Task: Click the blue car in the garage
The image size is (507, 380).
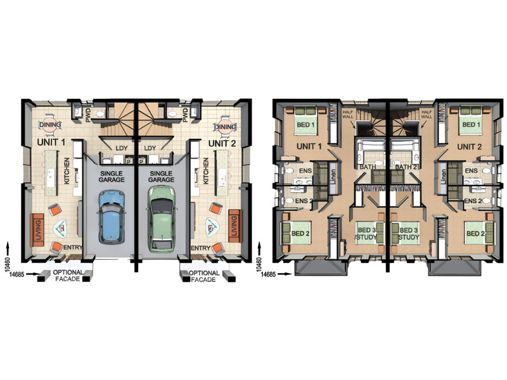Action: pyautogui.click(x=112, y=217)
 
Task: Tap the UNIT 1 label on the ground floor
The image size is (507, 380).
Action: pyautogui.click(x=51, y=142)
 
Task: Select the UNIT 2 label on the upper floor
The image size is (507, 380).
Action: pyautogui.click(x=469, y=147)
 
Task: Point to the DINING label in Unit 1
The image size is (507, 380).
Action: pyautogui.click(x=50, y=125)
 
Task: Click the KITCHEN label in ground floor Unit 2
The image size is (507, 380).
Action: pyautogui.click(x=205, y=171)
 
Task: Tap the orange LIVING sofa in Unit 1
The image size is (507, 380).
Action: pyautogui.click(x=37, y=228)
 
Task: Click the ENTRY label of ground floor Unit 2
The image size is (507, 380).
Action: pyautogui.click(x=201, y=248)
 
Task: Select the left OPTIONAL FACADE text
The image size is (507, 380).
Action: pyautogui.click(x=68, y=275)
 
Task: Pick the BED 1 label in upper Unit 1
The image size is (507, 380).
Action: pyautogui.click(x=305, y=125)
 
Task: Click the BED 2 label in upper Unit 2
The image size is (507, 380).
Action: pyautogui.click(x=475, y=234)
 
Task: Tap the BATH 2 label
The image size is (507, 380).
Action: pyautogui.click(x=406, y=167)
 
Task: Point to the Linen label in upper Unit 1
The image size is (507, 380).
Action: pyautogui.click(x=333, y=177)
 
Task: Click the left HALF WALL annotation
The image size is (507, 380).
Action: pyautogui.click(x=349, y=114)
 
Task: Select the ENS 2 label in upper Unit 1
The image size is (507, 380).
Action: pyautogui.click(x=304, y=201)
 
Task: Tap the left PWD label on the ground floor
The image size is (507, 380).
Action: pyautogui.click(x=88, y=115)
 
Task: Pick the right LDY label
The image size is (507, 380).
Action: pyautogui.click(x=150, y=148)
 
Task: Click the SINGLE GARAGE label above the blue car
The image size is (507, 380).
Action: pyautogui.click(x=112, y=177)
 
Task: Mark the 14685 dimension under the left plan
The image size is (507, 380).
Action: pyautogui.click(x=17, y=274)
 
